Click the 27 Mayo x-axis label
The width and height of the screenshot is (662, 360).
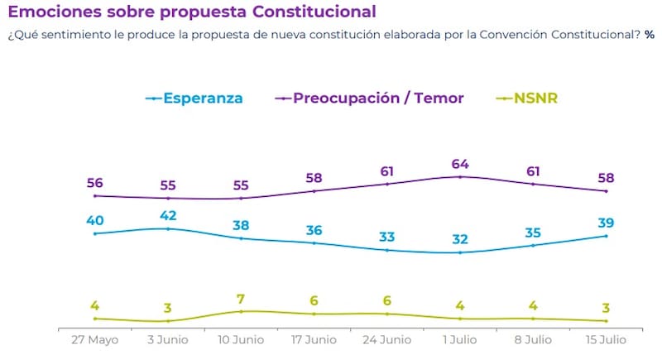click(x=94, y=339)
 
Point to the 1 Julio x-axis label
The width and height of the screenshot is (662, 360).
click(x=460, y=339)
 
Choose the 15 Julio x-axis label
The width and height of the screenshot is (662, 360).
click(x=606, y=339)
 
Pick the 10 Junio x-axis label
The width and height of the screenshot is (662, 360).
click(x=241, y=339)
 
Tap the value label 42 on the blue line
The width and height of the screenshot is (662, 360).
click(x=168, y=214)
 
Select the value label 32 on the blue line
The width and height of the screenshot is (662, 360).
click(x=460, y=238)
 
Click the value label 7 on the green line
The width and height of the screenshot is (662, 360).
click(x=241, y=297)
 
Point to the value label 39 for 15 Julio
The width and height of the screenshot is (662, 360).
click(x=607, y=222)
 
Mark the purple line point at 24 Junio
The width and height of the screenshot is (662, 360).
click(x=387, y=184)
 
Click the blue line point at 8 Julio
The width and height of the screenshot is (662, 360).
click(x=533, y=245)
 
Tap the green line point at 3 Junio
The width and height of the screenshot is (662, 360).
click(x=168, y=321)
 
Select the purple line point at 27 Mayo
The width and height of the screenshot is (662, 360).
click(x=95, y=196)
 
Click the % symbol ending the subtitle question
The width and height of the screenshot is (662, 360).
click(x=650, y=35)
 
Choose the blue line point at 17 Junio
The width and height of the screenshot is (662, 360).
click(x=314, y=243)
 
